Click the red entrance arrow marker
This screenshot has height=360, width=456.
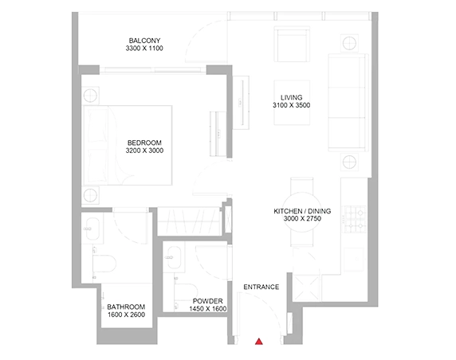click(x=259, y=342)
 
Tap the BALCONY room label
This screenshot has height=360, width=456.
click(x=144, y=41)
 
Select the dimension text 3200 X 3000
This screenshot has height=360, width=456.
click(x=144, y=151)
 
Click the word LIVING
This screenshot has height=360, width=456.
click(x=292, y=98)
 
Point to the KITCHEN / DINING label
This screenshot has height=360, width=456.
click(x=302, y=211)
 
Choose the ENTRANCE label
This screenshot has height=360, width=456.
click(x=261, y=287)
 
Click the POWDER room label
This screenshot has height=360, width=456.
click(x=207, y=301)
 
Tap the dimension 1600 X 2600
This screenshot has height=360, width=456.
click(x=126, y=315)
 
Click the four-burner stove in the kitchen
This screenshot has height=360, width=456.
click(x=356, y=219)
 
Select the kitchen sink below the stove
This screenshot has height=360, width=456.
click(x=354, y=259)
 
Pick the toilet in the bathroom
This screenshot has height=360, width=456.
click(x=104, y=264)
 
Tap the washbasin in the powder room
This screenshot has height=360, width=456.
click(x=173, y=258)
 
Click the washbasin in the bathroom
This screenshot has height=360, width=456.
click(x=92, y=229)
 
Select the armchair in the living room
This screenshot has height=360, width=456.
click(x=292, y=44)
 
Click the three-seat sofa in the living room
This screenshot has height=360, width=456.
click(x=348, y=103)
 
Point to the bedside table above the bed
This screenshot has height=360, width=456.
click(x=90, y=95)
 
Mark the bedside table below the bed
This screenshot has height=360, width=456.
click(x=90, y=195)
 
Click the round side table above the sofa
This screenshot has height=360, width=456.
click(x=349, y=43)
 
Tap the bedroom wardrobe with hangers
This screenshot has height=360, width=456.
click(x=189, y=221)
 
